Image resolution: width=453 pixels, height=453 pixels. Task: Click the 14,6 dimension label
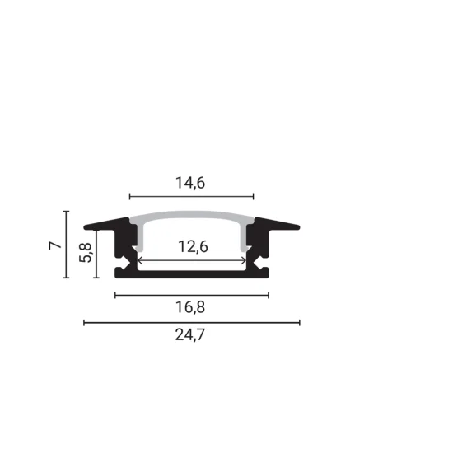pos(189,184)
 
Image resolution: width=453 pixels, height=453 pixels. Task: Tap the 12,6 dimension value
pos(191,245)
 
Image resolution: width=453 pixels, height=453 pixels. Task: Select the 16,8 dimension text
pos(192,308)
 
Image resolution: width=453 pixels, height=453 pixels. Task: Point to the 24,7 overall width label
pos(191,335)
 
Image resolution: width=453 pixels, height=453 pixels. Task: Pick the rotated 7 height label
pos(54,245)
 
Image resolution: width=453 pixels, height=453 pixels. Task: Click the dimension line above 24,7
pos(191,322)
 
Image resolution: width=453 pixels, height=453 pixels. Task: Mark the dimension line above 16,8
pos(192,295)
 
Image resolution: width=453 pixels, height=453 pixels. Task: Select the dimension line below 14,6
pos(191,197)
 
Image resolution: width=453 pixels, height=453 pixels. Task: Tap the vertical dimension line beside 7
pos(66,245)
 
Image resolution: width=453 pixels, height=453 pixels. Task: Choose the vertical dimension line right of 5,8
pos(97,254)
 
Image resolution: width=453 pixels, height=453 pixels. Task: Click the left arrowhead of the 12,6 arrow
pos(139,260)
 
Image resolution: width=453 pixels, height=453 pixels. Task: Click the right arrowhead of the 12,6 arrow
pos(244,260)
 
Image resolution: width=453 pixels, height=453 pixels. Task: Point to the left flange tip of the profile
pos(87,226)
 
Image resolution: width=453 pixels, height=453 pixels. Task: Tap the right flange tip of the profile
pos(296,226)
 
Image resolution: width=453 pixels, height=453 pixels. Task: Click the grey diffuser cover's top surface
pos(191,217)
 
